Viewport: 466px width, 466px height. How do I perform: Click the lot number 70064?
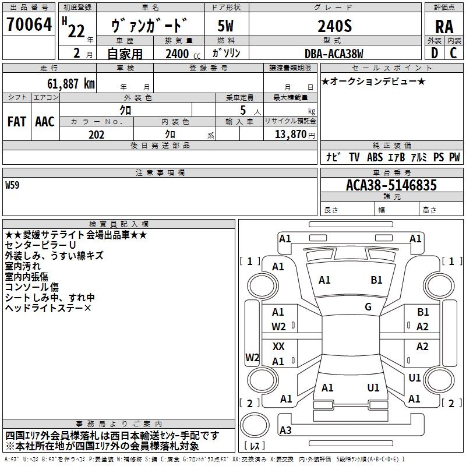[x=29, y=24]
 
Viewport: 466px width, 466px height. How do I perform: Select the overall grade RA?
[x=444, y=27]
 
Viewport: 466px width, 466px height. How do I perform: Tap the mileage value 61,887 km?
[x=71, y=83]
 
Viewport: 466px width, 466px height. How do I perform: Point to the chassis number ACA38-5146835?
[x=391, y=185]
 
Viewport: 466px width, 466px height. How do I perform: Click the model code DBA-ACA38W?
[x=334, y=54]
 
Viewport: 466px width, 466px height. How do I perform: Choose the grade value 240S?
[x=335, y=26]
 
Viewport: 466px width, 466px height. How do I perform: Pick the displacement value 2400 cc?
[x=183, y=54]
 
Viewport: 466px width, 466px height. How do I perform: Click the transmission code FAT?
[x=17, y=122]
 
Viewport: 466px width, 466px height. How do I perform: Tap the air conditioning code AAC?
[x=45, y=122]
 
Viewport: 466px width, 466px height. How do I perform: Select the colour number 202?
[x=97, y=135]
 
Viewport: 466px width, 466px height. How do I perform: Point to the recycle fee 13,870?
[x=291, y=134]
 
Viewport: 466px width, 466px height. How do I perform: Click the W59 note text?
[x=12, y=185]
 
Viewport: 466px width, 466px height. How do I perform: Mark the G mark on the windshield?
[x=368, y=307]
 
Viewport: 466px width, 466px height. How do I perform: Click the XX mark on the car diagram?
[x=278, y=346]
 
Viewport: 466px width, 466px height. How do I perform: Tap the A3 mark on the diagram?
[x=285, y=430]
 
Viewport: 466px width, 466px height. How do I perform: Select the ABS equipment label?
[x=375, y=157]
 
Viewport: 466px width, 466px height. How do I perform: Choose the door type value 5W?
[x=225, y=26]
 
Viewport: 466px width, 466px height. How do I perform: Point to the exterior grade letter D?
[x=435, y=53]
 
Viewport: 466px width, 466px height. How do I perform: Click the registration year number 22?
[x=76, y=31]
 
